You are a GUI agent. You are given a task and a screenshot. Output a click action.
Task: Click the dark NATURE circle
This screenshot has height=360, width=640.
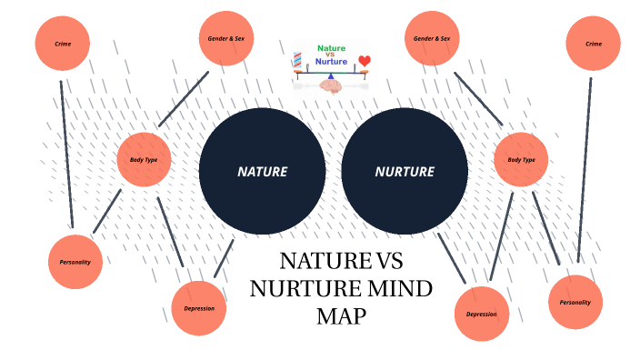262,171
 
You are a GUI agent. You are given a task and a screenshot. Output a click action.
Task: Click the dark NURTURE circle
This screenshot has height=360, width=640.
405,171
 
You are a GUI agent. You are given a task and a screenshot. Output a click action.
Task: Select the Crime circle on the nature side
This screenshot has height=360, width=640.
62,43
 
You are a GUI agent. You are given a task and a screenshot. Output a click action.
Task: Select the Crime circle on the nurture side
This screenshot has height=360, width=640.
593,43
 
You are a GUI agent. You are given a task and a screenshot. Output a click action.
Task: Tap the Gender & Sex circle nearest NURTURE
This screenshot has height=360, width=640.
432,39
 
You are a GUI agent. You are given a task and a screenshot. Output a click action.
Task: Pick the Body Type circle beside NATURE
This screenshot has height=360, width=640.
145,160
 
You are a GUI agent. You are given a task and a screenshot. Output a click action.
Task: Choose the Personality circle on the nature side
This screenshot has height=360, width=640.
75,262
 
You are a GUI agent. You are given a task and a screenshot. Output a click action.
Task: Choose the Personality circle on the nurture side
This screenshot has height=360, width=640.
575,302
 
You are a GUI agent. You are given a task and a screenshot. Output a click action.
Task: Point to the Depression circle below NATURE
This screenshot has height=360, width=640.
199,308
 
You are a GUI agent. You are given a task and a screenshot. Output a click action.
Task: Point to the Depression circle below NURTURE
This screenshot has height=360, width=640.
481,315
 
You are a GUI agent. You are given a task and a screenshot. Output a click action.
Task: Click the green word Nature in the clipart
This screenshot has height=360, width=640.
332,48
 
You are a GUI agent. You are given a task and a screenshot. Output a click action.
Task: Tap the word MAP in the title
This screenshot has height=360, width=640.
339,316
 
